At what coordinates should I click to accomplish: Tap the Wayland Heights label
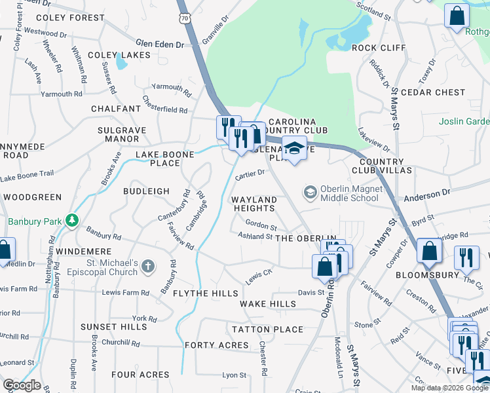point(254,204)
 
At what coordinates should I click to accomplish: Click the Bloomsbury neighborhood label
point(421,276)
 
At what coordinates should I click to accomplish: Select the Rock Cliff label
point(379,48)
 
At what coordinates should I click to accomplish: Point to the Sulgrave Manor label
point(119,134)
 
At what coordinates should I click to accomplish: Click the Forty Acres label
point(217,345)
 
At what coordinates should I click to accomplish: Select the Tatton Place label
point(267,328)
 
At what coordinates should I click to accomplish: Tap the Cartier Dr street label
point(250,174)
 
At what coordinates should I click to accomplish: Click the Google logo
point(22,385)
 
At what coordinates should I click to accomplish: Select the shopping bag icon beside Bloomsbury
point(429,252)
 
